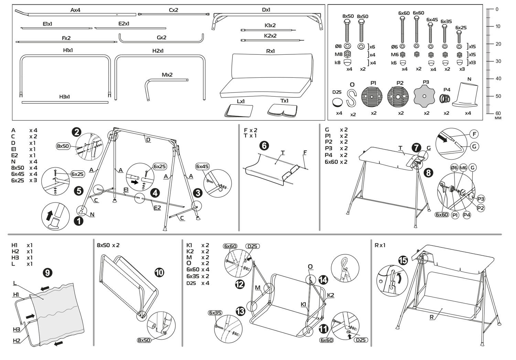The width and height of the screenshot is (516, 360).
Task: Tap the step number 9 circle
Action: pyautogui.click(x=47, y=273)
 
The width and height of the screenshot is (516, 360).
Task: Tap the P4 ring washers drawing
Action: pyautogui.click(x=446, y=98)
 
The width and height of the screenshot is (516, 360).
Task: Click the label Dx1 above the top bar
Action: pyautogui.click(x=266, y=10)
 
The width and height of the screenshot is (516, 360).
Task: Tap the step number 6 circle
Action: pyautogui.click(x=264, y=146)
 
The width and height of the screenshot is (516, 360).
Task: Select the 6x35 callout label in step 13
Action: pyautogui.click(x=215, y=313)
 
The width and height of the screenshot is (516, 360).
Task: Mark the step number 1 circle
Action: pyautogui.click(x=79, y=221)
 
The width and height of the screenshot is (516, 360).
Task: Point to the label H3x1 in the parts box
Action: pyautogui.click(x=64, y=97)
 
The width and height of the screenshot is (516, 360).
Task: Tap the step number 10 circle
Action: pyautogui.click(x=159, y=273)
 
